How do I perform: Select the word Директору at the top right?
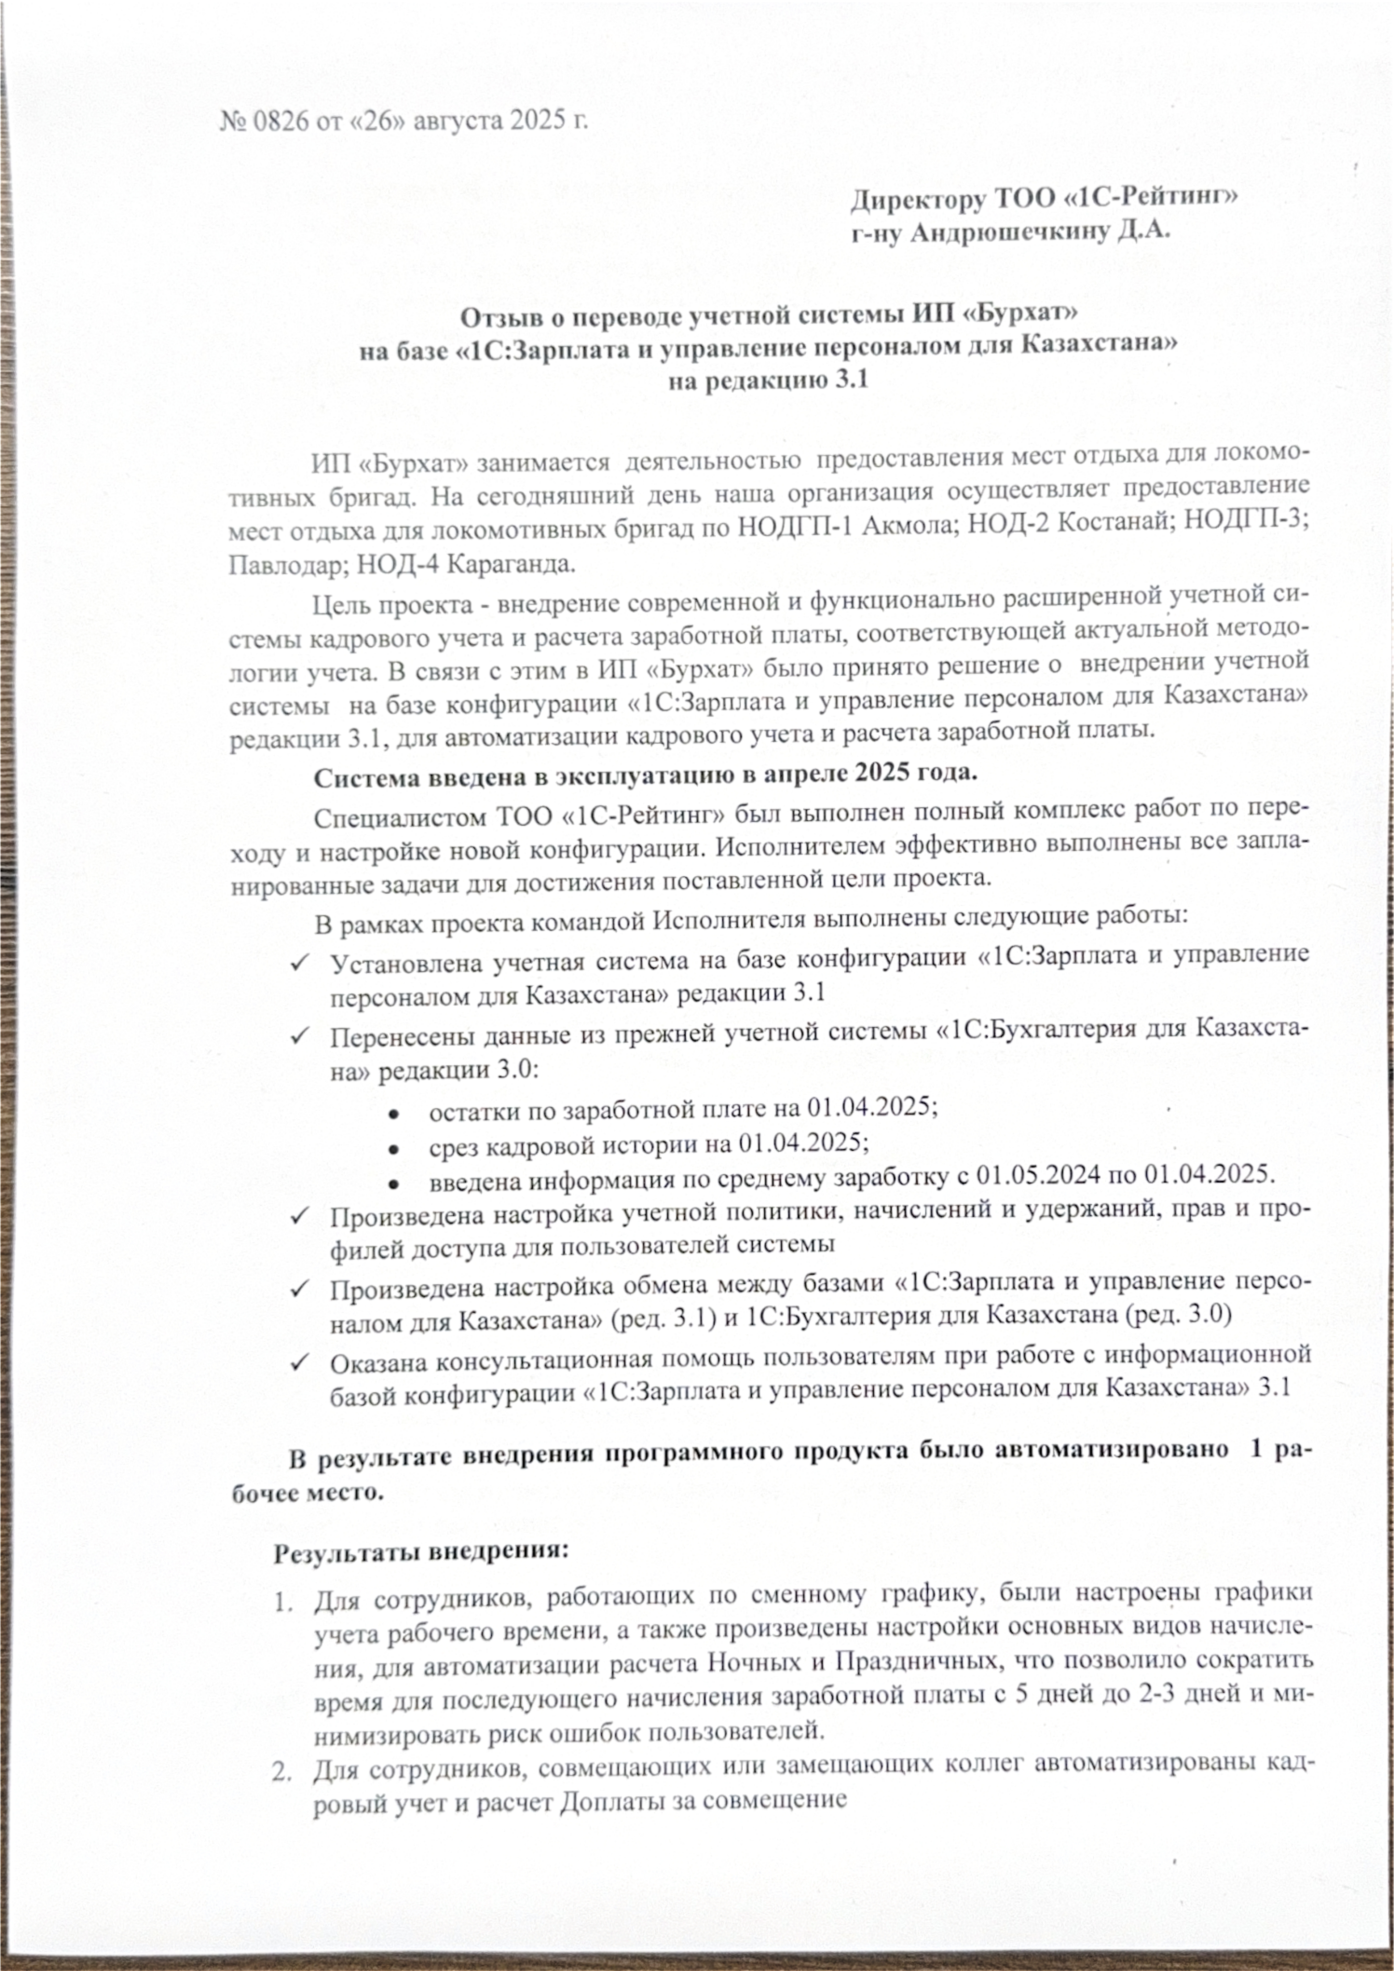tap(917, 199)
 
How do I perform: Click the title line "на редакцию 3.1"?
tap(768, 379)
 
